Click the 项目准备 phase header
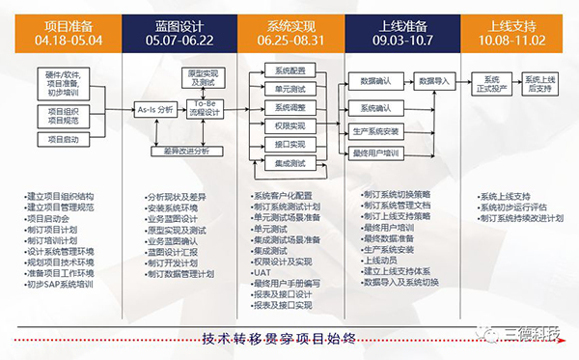pos(66,22)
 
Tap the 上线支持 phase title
pos(511,22)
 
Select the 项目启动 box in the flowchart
pos(65,140)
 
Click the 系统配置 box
pos(289,70)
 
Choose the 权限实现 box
pos(289,125)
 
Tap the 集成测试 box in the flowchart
pos(289,164)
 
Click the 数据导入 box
pos(434,82)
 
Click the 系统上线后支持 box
pos(542,82)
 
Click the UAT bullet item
pos(262,271)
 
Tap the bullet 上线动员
pos(382,261)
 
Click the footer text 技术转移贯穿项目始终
pos(280,338)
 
